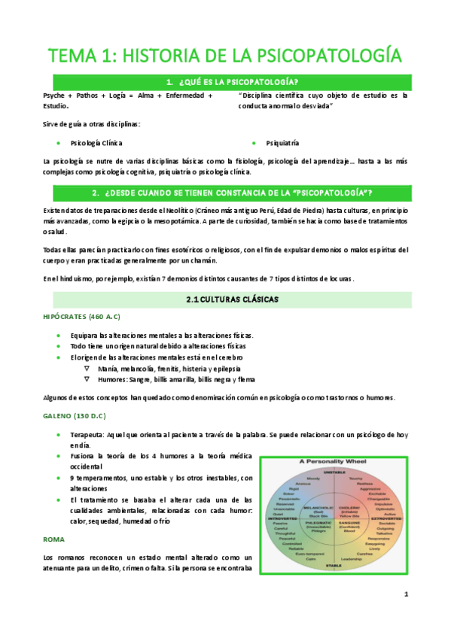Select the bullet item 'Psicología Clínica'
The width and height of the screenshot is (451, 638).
(x=96, y=141)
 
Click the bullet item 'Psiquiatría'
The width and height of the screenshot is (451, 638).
(x=282, y=141)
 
